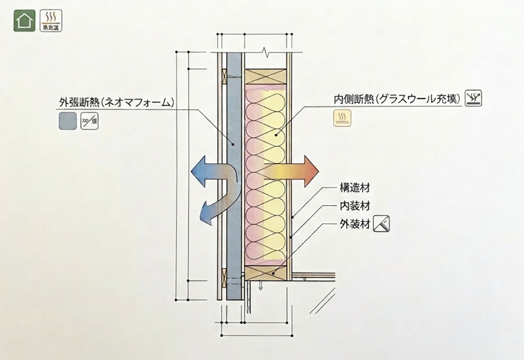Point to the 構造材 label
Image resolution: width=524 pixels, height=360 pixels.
[351, 187]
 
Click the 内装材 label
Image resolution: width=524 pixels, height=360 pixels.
[351, 206]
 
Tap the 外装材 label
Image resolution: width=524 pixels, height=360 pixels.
[351, 225]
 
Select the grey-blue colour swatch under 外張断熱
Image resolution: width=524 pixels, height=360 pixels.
[67, 121]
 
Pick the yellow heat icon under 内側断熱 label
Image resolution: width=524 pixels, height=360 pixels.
[343, 118]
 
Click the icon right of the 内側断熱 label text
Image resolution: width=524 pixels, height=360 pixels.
[473, 97]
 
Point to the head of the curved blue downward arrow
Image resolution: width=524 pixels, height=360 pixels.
[202, 215]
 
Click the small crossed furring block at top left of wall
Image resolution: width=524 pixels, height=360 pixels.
[225, 77]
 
